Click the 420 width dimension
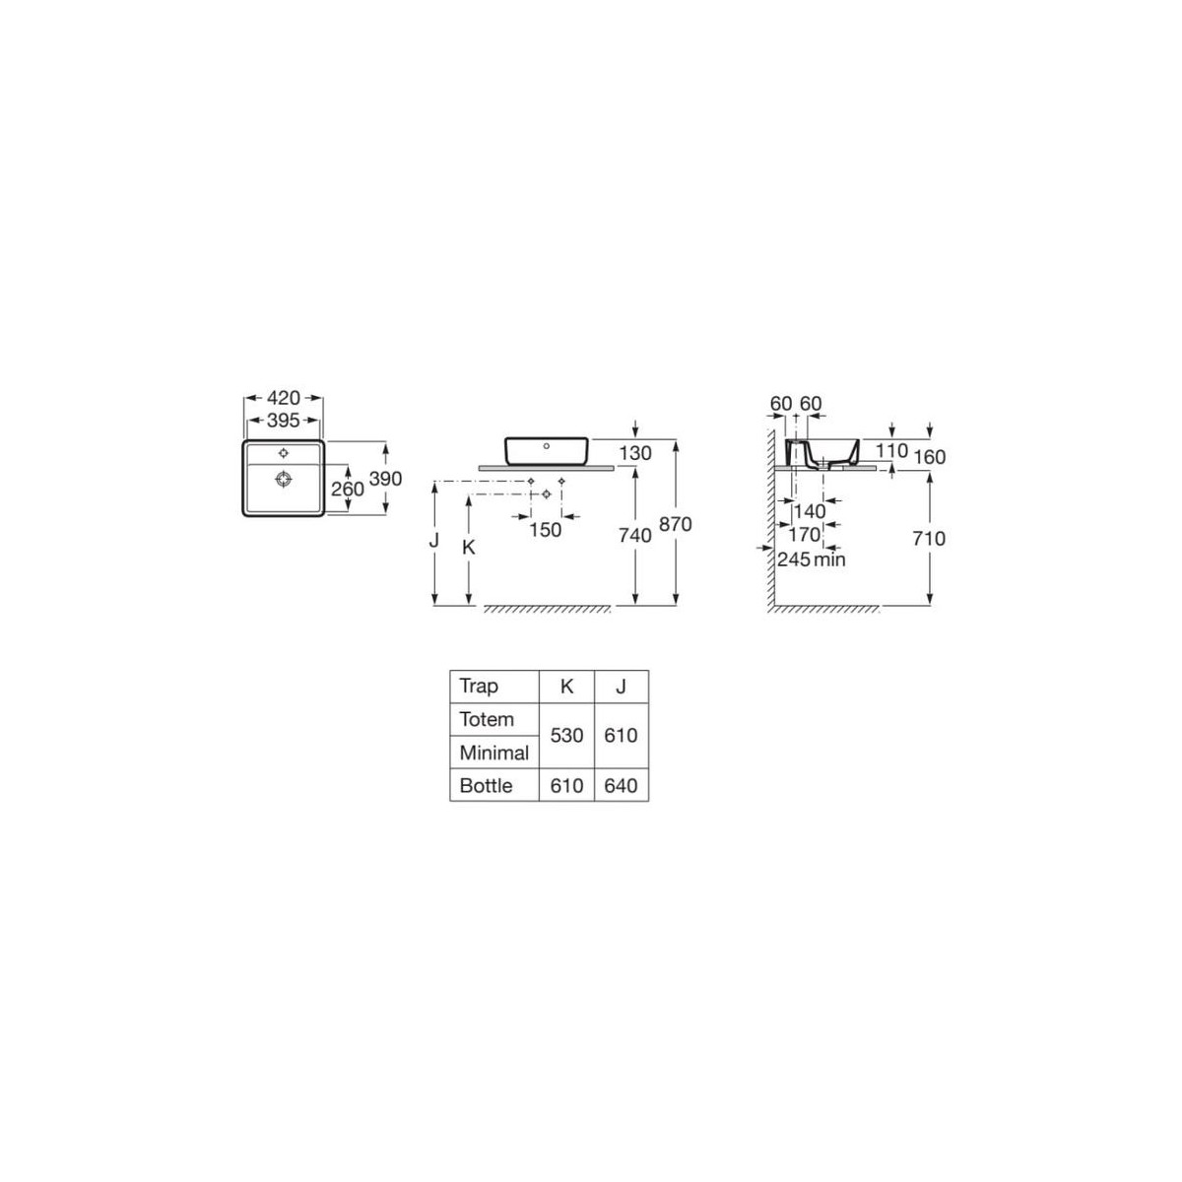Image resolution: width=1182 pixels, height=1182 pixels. tap(284, 398)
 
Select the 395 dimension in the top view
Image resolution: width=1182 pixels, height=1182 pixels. tap(284, 421)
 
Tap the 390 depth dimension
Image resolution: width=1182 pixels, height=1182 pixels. tap(386, 479)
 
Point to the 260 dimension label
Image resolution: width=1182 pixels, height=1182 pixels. tap(348, 489)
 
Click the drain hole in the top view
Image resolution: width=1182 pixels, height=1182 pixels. tap(283, 479)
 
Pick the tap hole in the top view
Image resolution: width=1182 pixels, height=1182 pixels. tap(283, 453)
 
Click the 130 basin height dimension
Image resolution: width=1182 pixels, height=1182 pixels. tap(635, 453)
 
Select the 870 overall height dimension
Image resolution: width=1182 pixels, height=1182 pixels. tap(675, 524)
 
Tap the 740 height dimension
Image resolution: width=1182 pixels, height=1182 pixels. tap(635, 536)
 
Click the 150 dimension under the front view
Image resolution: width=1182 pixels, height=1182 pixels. tap(546, 530)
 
